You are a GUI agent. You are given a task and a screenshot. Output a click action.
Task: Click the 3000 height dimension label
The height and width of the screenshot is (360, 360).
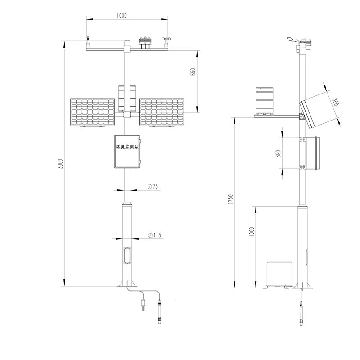60,163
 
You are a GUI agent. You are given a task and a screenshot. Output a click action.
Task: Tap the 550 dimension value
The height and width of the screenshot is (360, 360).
193,72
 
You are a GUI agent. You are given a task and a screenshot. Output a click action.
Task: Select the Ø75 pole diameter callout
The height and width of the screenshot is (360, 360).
153,186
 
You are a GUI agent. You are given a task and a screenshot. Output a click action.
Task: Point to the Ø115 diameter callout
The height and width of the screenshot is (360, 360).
154,235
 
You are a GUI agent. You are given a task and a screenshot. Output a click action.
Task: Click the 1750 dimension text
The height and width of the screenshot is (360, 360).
230,199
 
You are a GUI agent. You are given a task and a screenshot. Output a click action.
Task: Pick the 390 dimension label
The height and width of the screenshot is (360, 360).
278,153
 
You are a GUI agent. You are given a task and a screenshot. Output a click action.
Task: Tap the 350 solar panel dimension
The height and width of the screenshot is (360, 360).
335,102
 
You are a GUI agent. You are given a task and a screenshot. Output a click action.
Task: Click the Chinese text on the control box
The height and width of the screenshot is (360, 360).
127,147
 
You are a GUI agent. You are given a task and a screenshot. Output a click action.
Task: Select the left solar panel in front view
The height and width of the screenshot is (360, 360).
93,112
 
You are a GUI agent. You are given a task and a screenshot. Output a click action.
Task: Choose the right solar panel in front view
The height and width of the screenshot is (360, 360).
162,112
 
